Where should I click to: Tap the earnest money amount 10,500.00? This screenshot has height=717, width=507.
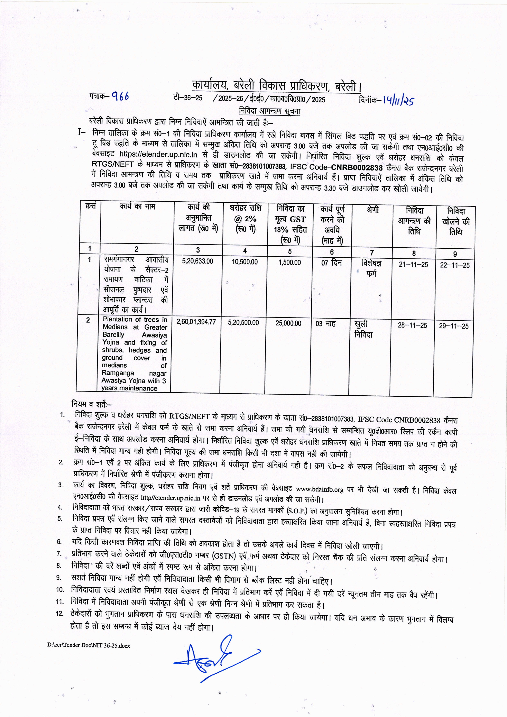245,262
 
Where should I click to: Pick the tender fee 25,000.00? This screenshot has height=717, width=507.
288,323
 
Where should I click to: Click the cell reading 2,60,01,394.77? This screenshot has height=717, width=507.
196,322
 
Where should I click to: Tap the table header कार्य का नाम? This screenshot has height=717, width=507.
137,206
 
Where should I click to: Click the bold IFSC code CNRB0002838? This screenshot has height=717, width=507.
357,168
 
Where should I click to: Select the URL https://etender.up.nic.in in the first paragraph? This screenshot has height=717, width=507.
158,154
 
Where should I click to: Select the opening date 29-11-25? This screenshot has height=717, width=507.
454,326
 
